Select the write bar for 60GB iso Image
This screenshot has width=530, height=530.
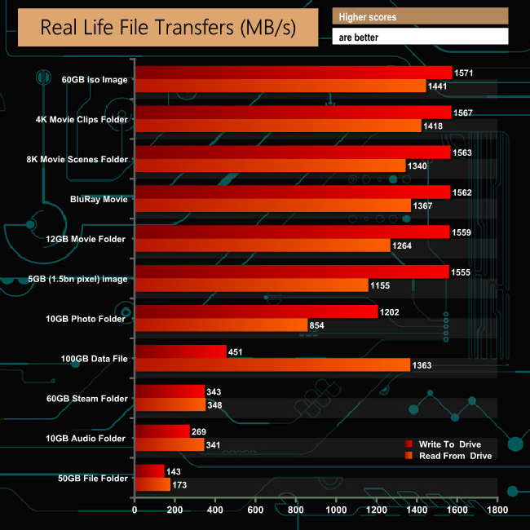294,73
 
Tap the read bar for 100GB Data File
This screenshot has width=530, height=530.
272,364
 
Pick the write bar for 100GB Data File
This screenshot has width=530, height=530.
180,351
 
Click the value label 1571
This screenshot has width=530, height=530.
464,73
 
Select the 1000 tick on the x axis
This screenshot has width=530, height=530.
336,510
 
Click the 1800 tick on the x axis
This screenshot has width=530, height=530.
497,510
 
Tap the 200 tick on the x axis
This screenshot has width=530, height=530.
174,510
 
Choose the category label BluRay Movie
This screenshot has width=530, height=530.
99,199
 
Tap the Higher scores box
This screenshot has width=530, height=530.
420,16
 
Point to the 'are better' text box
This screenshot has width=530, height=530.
420,37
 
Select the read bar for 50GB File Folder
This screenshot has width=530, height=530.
152,484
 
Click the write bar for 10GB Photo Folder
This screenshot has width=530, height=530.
256,311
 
